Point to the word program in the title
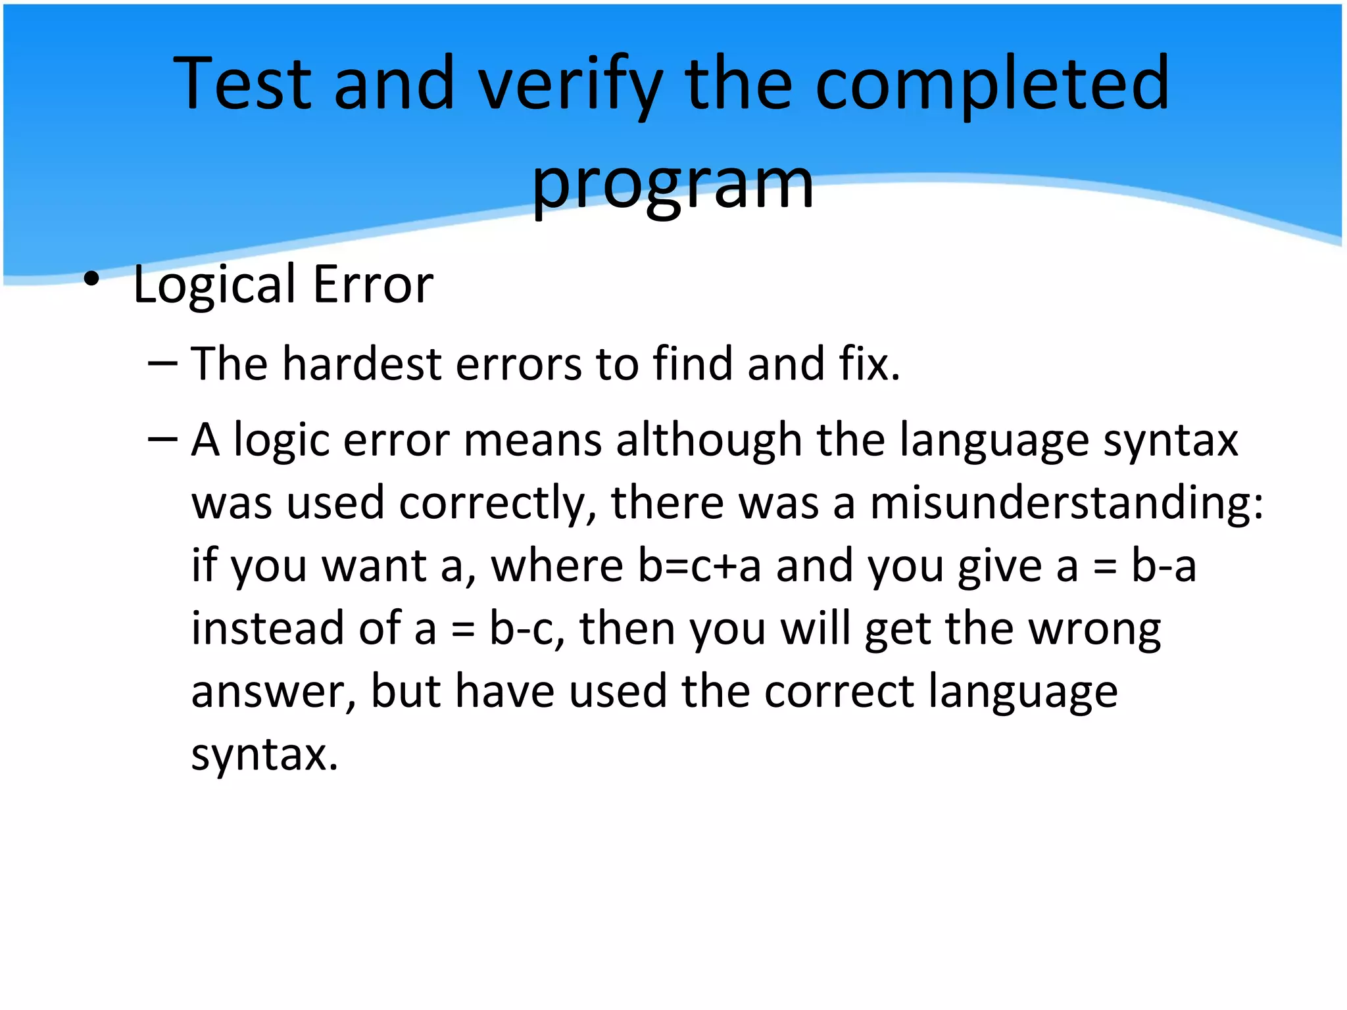[672, 185]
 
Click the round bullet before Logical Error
[91, 279]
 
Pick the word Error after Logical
[373, 285]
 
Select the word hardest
[361, 364]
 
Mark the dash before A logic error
[162, 439]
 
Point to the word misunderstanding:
[1066, 503]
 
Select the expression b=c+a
[700, 565]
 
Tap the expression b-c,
[527, 629]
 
